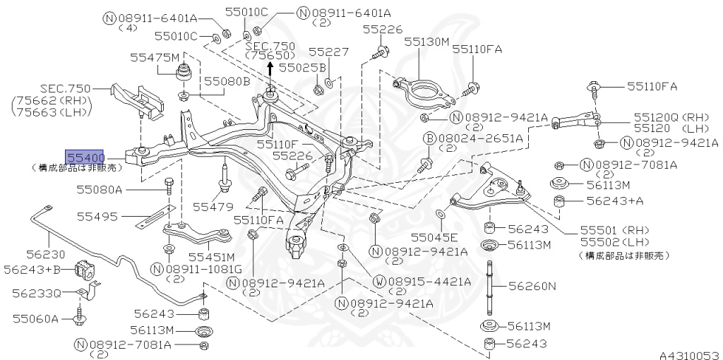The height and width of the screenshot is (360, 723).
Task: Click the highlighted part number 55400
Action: point(85,157)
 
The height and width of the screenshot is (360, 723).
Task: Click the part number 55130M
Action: point(426,42)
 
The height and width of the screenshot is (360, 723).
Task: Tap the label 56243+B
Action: point(34,269)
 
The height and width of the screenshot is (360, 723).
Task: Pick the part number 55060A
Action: point(35,318)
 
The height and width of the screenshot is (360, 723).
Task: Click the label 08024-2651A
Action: point(482,138)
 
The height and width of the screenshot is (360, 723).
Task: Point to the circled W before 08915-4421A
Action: point(379,281)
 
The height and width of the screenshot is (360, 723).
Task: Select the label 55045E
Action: point(434,236)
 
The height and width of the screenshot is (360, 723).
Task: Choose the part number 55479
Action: point(213,206)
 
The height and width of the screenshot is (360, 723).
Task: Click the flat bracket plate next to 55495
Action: point(154,217)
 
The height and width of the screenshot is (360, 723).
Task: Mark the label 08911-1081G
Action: point(203,269)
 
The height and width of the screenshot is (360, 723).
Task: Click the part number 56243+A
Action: point(615,200)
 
